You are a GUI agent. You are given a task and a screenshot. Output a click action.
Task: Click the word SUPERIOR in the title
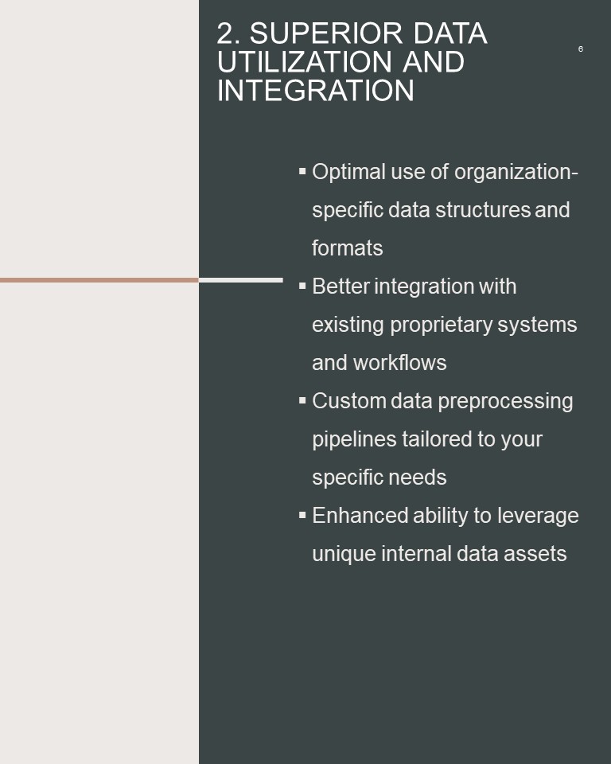click(326, 33)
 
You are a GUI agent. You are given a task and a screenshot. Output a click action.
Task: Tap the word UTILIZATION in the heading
click(305, 62)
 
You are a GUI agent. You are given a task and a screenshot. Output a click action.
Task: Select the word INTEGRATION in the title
click(316, 91)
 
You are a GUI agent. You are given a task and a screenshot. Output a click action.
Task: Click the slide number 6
click(580, 49)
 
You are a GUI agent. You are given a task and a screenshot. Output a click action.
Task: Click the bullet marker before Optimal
click(302, 171)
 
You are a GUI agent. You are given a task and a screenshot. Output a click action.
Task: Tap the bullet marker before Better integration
click(302, 286)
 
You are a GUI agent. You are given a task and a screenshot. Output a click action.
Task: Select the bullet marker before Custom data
click(302, 400)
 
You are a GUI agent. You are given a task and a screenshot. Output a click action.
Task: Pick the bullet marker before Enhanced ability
click(302, 515)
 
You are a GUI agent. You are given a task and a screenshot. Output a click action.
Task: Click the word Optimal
click(349, 172)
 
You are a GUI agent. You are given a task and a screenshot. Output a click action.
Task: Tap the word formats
click(348, 248)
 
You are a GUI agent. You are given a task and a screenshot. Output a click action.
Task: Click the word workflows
click(400, 363)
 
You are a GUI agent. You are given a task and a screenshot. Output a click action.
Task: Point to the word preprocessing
click(505, 401)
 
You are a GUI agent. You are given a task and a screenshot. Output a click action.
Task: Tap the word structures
click(482, 210)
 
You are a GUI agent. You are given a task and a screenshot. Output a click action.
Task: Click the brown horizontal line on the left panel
click(99, 280)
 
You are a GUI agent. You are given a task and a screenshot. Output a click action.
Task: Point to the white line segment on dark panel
click(241, 280)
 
